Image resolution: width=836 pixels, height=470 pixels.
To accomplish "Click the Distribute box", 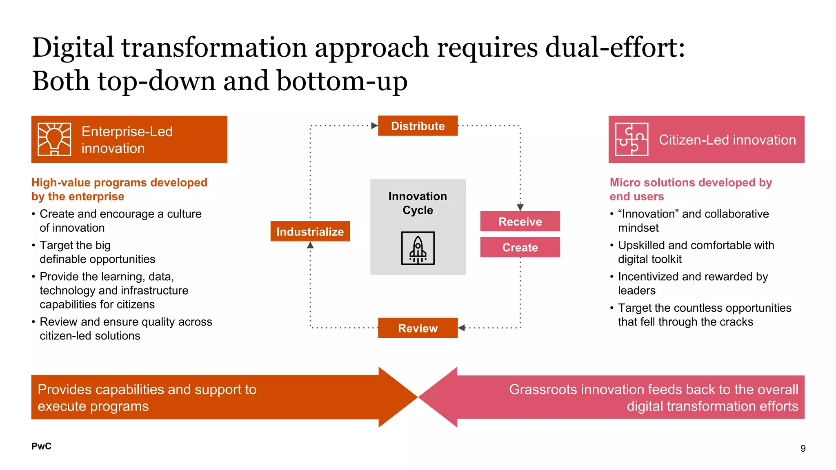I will [x=418, y=126].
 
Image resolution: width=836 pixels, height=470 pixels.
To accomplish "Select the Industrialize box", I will [x=310, y=231].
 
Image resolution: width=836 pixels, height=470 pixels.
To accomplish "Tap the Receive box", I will [x=520, y=222].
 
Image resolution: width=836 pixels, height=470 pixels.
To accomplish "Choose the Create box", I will [x=520, y=247].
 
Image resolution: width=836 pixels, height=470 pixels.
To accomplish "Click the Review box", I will [x=418, y=328].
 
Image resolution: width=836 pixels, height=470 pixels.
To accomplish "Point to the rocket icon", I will [x=418, y=248].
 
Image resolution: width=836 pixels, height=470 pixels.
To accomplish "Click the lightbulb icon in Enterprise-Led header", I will [x=54, y=139].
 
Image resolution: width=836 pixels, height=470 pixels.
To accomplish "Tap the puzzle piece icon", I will [x=631, y=139].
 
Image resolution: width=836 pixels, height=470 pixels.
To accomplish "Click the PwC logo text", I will [x=41, y=446].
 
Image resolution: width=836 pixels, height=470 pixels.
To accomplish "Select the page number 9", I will [x=803, y=448].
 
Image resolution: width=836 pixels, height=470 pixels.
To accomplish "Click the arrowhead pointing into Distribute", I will [x=374, y=126].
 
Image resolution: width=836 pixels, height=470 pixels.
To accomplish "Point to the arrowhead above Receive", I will [x=520, y=207].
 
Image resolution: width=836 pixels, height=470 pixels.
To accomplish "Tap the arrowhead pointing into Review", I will [x=462, y=328].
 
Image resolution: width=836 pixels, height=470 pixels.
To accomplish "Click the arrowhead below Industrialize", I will [x=310, y=245].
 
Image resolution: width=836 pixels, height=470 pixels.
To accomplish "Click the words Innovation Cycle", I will [x=418, y=203].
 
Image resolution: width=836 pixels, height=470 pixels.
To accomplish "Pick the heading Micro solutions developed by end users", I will [x=691, y=189].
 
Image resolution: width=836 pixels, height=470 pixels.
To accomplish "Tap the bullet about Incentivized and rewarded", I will [x=693, y=283].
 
